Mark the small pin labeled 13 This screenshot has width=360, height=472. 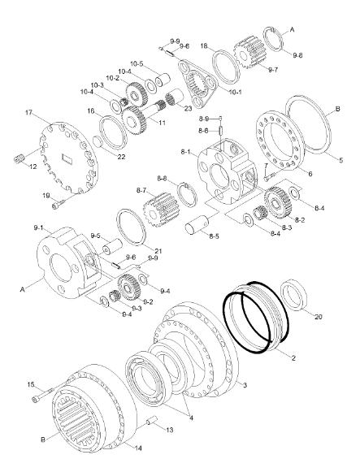[x=150, y=420]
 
